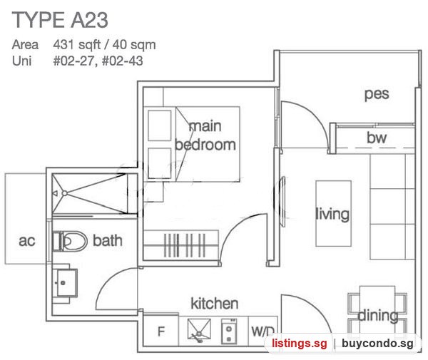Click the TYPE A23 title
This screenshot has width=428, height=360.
[x=60, y=20]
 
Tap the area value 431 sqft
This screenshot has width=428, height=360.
[x=77, y=45]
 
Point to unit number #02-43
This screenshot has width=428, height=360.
[x=123, y=61]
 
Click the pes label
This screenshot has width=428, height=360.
[x=377, y=95]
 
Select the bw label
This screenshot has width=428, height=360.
[x=377, y=138]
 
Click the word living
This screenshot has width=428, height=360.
[x=332, y=214]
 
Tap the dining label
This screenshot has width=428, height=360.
[x=377, y=316]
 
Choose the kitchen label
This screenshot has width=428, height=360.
[x=214, y=303]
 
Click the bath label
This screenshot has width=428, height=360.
[x=108, y=240]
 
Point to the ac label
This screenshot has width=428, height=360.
[x=27, y=241]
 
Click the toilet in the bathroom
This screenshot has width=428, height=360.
[x=70, y=241]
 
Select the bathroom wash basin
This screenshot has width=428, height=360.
[x=65, y=283]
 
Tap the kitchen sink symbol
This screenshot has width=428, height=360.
[x=199, y=330]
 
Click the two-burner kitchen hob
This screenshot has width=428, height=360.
[x=229, y=331]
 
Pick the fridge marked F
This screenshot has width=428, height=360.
[x=161, y=331]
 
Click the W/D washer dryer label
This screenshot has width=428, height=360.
[x=263, y=331]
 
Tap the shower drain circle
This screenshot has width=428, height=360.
[x=65, y=193]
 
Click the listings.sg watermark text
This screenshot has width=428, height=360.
[x=299, y=343]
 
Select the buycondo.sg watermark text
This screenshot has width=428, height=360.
[x=377, y=343]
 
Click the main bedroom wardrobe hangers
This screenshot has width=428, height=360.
[x=185, y=245]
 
